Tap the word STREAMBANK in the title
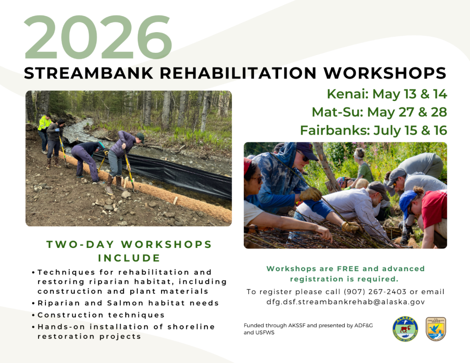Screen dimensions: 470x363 coord(89,73)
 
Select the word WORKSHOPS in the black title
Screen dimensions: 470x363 coord(385,73)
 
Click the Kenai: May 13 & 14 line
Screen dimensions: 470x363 coord(386,94)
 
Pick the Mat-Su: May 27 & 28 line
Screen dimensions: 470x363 coord(379,112)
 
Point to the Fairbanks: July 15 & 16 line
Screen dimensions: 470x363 coord(374,130)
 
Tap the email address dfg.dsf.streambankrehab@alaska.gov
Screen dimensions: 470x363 coord(346,302)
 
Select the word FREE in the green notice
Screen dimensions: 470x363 coord(348,268)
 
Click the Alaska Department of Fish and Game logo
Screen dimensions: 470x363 coord(405,329)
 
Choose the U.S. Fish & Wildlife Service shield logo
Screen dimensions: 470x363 coord(436,329)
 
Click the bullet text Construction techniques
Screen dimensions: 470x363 coord(101,315)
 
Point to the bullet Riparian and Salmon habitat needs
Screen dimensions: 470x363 coord(128,303)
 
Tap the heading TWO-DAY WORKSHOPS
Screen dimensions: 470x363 coord(129,244)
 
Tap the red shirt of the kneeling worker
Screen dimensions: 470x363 coord(434,208)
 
